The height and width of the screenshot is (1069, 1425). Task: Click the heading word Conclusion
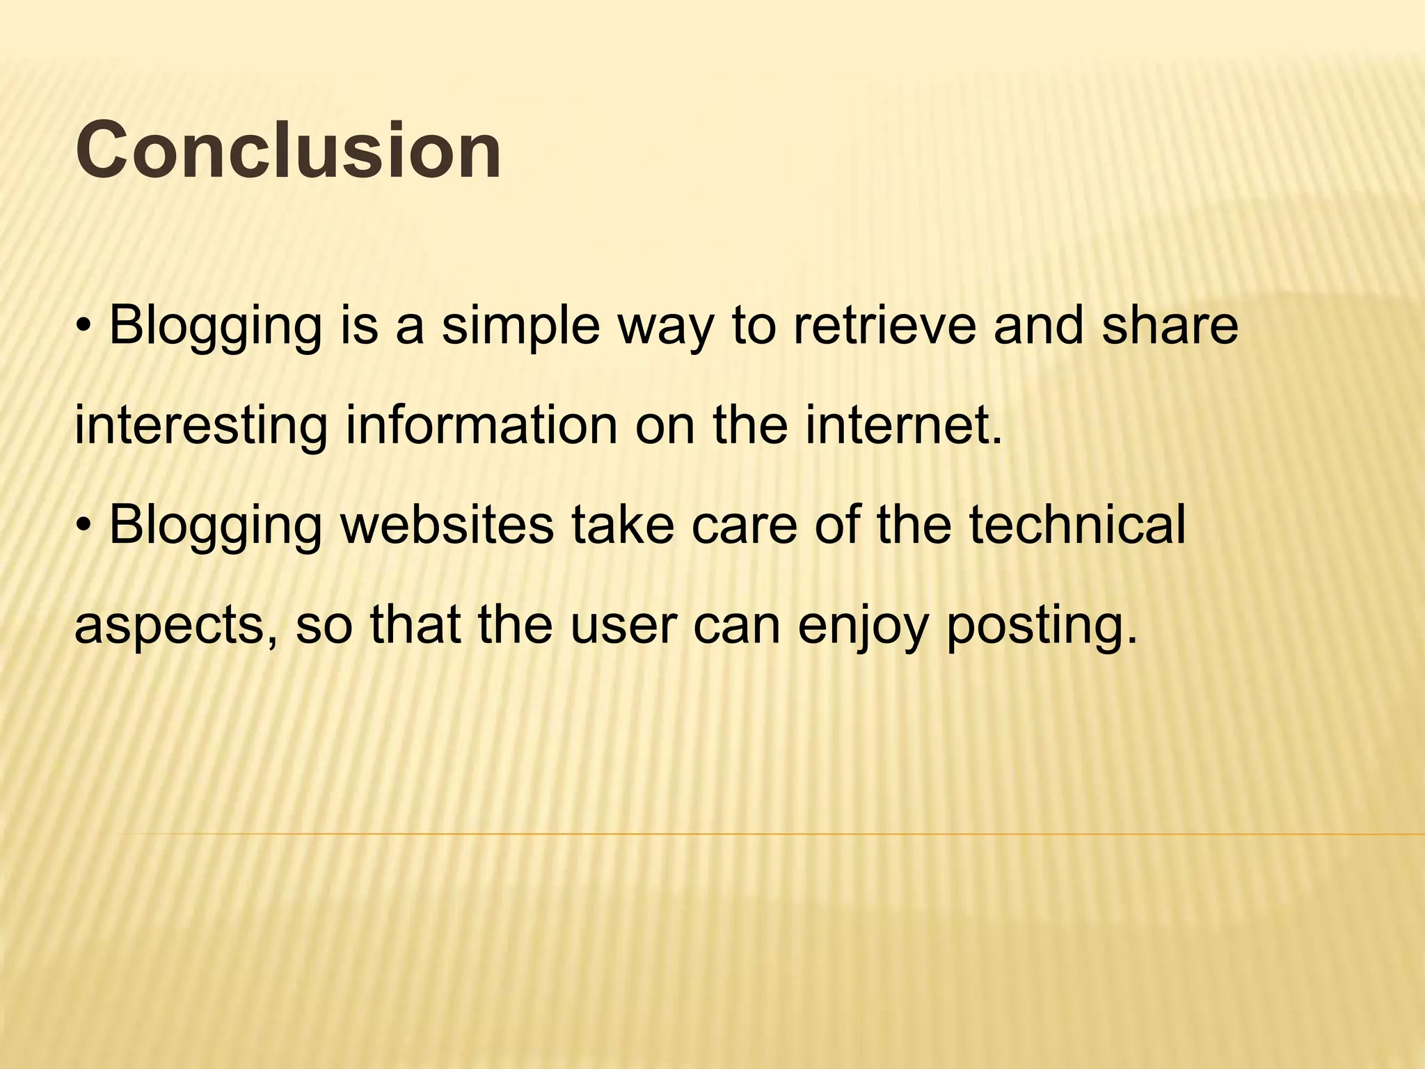pos(288,150)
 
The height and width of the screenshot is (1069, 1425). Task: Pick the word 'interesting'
pos(200,425)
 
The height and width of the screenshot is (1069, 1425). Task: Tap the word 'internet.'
pos(905,425)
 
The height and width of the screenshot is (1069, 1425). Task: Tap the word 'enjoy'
pos(863,625)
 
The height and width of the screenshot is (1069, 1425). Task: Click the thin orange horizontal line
pos(765,833)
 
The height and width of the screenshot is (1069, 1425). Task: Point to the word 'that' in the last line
pos(415,625)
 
